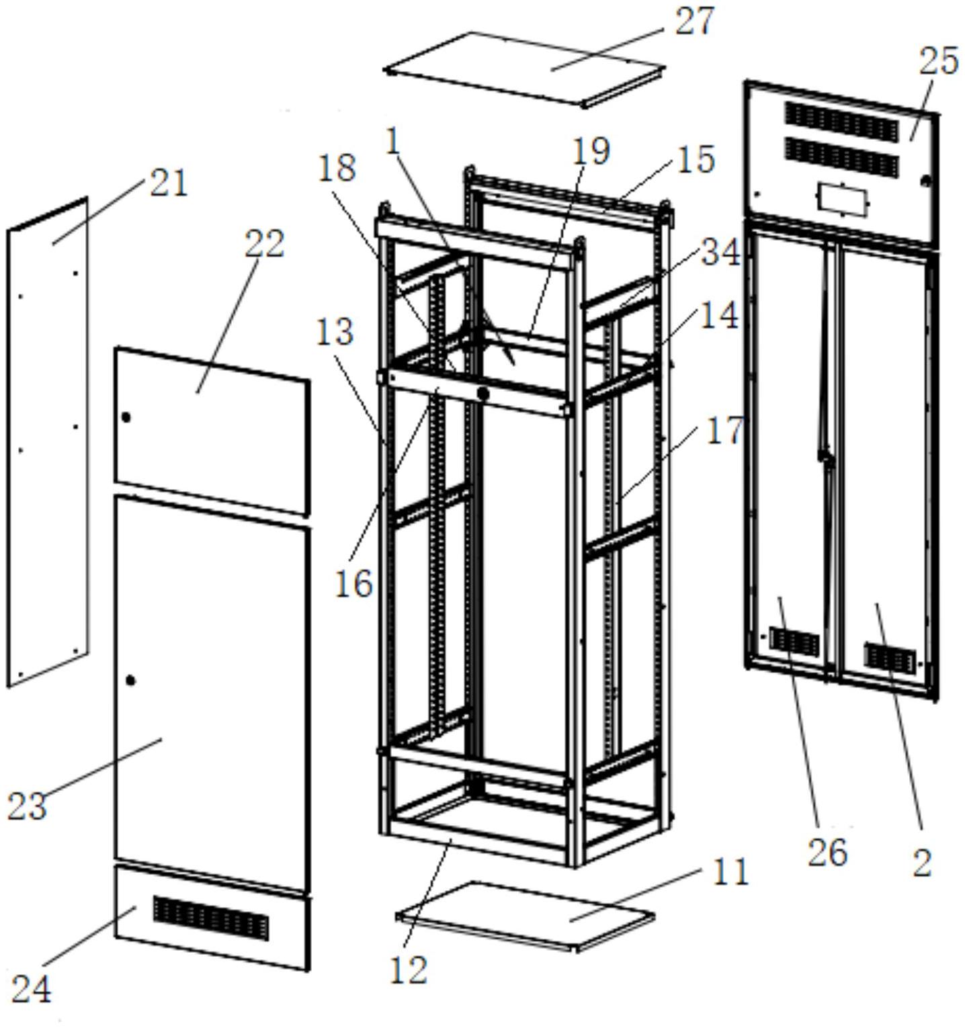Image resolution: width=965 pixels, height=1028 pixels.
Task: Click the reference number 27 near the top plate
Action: pos(695,22)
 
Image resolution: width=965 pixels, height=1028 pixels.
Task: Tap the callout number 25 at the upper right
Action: pos(938,62)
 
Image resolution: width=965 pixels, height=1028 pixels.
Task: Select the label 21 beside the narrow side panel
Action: pos(168,183)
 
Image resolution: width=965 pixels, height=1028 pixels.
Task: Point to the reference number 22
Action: pos(264,244)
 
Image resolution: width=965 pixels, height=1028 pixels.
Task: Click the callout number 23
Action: pos(27,806)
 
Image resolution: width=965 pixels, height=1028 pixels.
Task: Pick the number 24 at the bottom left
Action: pos(31,989)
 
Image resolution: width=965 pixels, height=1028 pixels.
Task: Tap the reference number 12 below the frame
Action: pos(409,970)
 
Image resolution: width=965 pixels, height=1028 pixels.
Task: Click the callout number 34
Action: pos(720,253)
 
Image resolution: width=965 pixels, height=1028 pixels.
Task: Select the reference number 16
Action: pos(353,583)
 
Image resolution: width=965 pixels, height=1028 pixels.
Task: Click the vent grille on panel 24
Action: pos(210,918)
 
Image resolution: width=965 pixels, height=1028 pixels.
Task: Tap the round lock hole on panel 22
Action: pos(126,417)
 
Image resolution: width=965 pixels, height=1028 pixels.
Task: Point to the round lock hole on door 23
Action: pos(130,681)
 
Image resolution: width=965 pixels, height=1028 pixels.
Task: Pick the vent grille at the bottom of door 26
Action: pos(794,642)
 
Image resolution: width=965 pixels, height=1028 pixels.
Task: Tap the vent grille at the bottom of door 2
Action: pos(890,658)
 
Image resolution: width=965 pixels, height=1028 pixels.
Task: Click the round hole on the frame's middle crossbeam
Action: pos(482,393)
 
